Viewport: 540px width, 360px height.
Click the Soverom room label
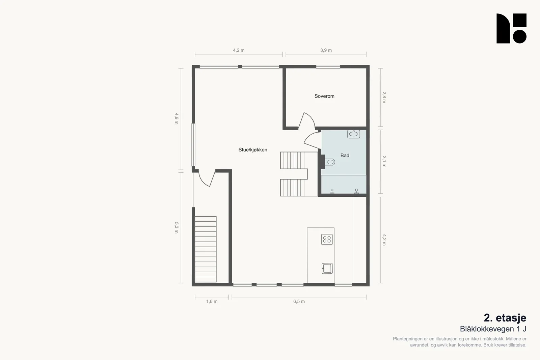[x=324, y=96]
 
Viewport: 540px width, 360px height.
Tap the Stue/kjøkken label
[x=253, y=150]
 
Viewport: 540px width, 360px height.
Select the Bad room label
[x=345, y=156]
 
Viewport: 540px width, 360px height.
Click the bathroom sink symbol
[x=354, y=134]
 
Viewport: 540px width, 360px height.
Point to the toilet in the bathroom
[x=330, y=162]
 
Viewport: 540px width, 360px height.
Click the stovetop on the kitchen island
[x=327, y=240]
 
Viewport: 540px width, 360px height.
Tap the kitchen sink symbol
[x=327, y=269]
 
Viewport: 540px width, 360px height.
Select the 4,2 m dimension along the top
[x=239, y=50]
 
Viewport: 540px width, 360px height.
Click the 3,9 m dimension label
[x=326, y=50]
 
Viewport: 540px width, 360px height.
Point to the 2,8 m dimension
[x=384, y=98]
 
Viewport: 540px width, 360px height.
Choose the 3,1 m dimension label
[x=384, y=162]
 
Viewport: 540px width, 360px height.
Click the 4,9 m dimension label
[x=177, y=118]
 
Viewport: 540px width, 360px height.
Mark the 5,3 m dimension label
[x=177, y=228]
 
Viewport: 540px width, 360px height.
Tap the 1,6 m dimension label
[x=212, y=301]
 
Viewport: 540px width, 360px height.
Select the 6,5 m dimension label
[x=299, y=301]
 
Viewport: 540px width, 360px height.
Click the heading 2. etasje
[x=505, y=318]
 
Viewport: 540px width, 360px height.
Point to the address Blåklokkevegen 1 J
[x=493, y=329]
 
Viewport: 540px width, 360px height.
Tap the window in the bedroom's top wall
[x=328, y=67]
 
